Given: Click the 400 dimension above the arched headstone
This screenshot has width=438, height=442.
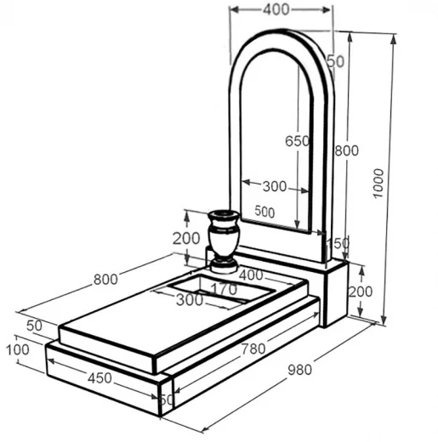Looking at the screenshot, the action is click(276, 9).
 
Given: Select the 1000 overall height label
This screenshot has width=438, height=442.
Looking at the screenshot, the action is click(378, 184).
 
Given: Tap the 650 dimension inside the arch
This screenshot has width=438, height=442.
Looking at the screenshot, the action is click(297, 141).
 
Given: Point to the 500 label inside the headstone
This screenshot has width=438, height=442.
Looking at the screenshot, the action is click(265, 212).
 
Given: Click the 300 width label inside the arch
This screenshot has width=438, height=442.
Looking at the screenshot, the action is click(275, 186).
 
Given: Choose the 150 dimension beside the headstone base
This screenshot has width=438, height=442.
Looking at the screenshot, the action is click(338, 243).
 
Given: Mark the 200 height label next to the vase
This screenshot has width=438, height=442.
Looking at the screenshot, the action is click(186, 239).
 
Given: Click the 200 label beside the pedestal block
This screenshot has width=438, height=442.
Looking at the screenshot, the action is click(361, 292).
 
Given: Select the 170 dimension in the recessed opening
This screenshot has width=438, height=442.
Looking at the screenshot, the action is click(225, 289).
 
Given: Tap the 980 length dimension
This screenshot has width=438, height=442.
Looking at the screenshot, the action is click(299, 370).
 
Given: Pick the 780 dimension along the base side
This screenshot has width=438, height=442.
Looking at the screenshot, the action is click(253, 349).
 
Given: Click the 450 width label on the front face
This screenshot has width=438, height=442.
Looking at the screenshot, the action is click(100, 378).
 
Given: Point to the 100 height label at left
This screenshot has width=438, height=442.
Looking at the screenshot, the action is click(18, 349).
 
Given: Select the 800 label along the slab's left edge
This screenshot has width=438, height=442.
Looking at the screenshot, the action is click(105, 280).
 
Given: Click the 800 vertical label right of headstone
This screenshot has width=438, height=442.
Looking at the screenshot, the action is click(346, 150).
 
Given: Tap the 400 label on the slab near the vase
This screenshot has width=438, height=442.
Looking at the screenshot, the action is click(251, 275).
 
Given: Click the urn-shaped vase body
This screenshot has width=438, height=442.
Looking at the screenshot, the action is click(224, 235).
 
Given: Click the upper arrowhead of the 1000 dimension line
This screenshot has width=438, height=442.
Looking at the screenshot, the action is click(393, 39).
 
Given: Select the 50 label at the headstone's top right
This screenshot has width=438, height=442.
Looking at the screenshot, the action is click(336, 61).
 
